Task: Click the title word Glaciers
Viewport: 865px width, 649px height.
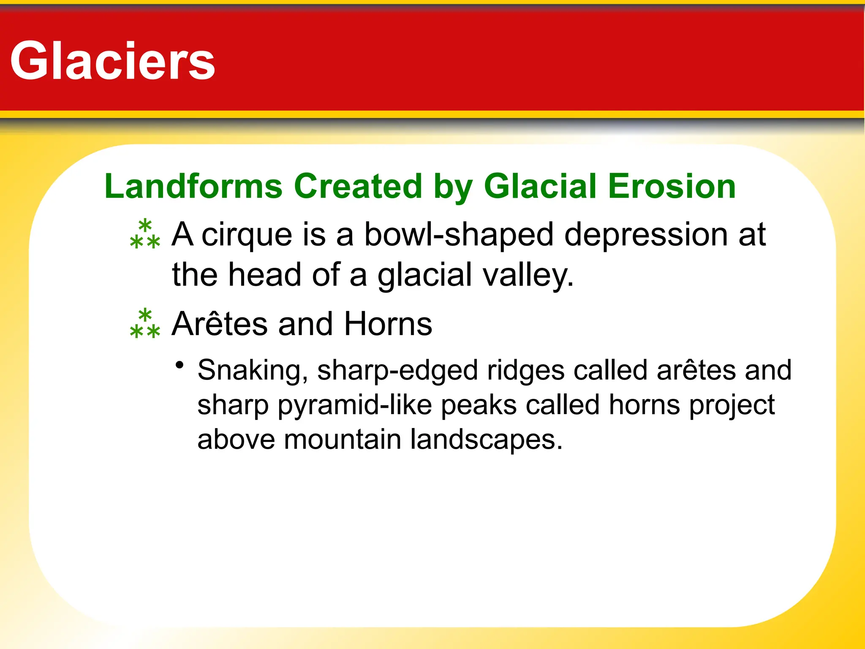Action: click(x=113, y=61)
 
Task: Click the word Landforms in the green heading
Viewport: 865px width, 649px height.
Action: click(x=193, y=186)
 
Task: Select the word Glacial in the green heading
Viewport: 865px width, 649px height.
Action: click(x=541, y=186)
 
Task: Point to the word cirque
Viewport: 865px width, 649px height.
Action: click(x=247, y=235)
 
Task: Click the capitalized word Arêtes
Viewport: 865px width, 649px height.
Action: click(x=220, y=324)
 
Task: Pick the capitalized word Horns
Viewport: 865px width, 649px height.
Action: click(x=388, y=324)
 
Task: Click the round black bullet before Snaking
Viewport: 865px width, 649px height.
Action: click(x=180, y=365)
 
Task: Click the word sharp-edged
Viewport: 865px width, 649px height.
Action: click(x=398, y=371)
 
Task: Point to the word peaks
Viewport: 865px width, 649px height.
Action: click(x=479, y=405)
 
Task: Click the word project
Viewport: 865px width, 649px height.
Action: click(x=732, y=405)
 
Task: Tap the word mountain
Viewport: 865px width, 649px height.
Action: click(x=342, y=440)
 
